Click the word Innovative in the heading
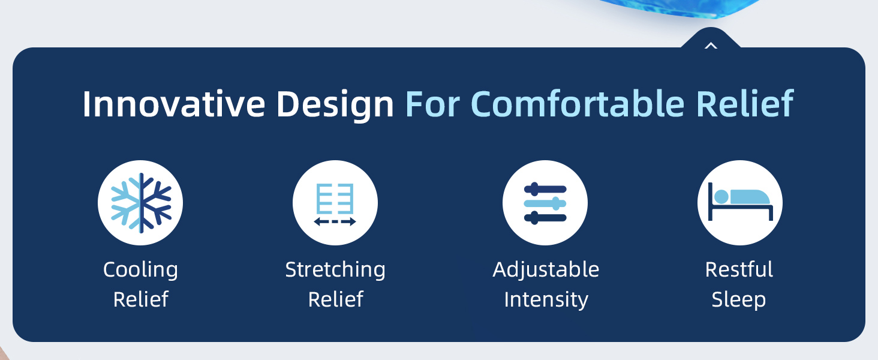pos(174,104)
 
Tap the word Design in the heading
pos(335,105)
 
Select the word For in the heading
pos(432,104)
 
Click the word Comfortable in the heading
pos(578,104)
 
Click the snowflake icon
pos(141,203)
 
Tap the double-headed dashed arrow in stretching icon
pos(335,221)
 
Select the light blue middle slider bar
pos(545,203)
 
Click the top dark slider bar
pos(545,189)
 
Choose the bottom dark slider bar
pos(545,218)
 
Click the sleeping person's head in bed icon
pos(721,196)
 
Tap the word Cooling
pos(140,270)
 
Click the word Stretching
pos(335,270)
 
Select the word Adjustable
pos(546,270)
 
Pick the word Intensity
pos(546,299)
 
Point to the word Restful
pos(739,269)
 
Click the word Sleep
pos(739,300)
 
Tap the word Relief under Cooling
pos(141,299)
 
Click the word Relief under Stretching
pos(335,299)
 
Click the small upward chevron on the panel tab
pos(711,46)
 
